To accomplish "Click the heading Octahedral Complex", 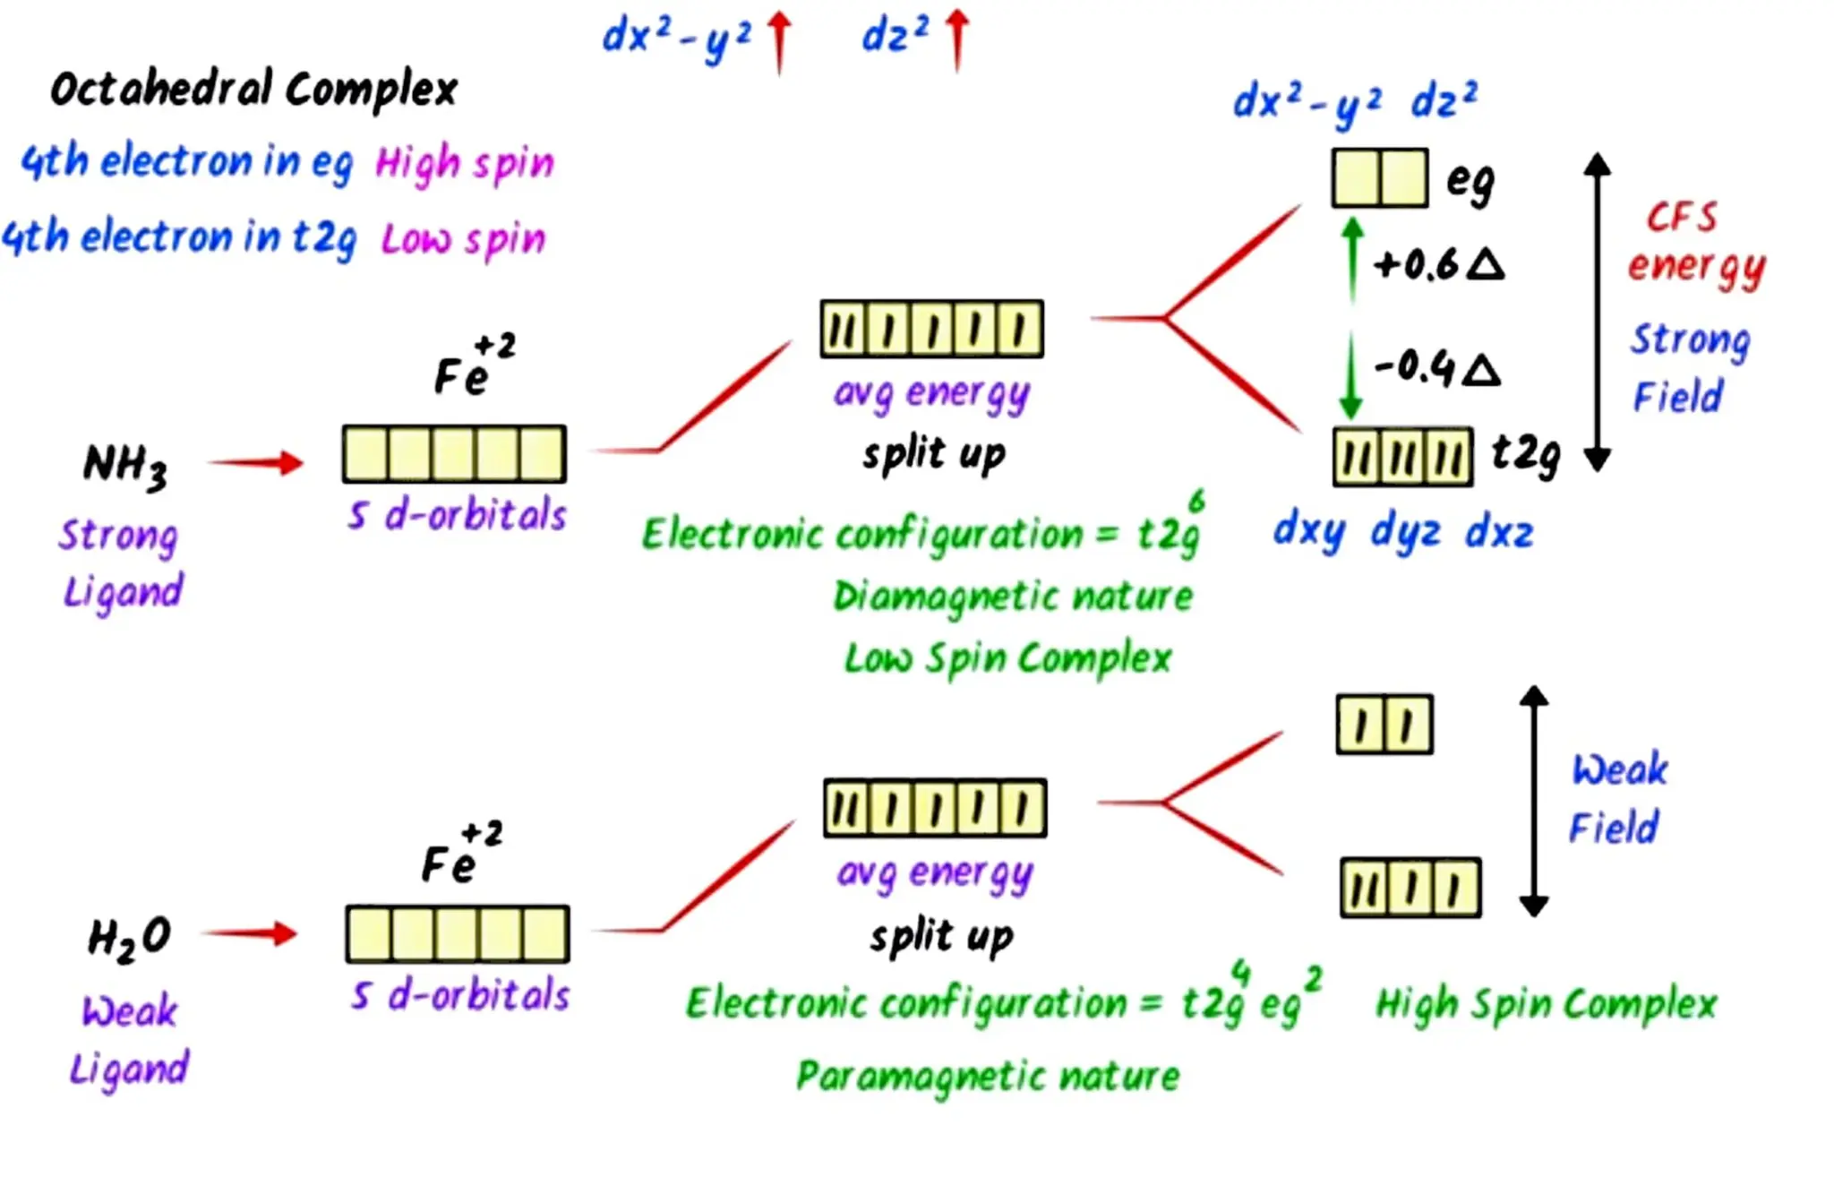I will [253, 90].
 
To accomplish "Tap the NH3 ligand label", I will [124, 466].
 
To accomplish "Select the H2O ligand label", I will [130, 938].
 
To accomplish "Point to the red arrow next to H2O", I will [251, 933].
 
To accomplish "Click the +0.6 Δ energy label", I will [1439, 265].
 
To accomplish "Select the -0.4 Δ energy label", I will [1437, 367].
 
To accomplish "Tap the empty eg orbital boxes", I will [1379, 178].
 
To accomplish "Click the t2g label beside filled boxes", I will [1526, 454].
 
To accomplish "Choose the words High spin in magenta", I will [465, 164].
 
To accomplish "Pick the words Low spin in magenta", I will [463, 239].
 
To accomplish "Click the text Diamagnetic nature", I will [1013, 597].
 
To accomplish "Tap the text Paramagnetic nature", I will [988, 1076].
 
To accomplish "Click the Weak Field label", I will [1617, 798].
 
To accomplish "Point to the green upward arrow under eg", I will [1353, 260].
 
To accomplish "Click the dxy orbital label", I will [1309, 530].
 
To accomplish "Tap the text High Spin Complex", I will [1546, 1004].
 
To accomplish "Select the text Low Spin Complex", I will [1007, 658].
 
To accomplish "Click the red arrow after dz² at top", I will [957, 39].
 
